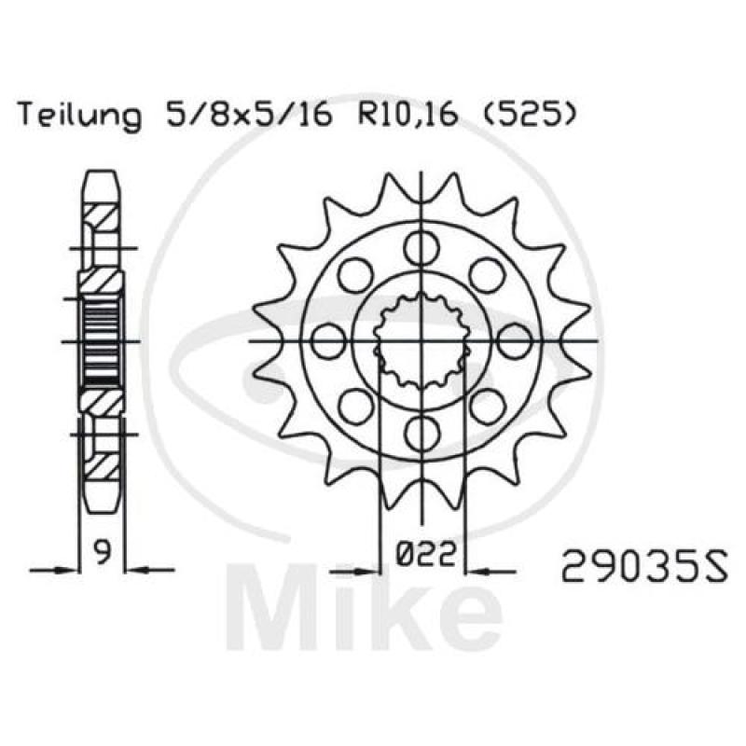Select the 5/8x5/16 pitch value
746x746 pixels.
pyautogui.click(x=244, y=117)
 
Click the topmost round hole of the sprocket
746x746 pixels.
pyautogui.click(x=421, y=248)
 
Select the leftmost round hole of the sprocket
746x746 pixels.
pyautogui.click(x=329, y=340)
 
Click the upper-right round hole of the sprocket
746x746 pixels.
pyautogui.click(x=486, y=275)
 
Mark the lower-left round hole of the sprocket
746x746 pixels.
pyautogui.click(x=356, y=405)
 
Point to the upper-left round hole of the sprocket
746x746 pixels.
pyautogui.click(x=356, y=275)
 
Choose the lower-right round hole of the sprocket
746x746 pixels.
pyautogui.click(x=486, y=405)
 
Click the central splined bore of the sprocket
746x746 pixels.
pyautogui.click(x=421, y=340)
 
